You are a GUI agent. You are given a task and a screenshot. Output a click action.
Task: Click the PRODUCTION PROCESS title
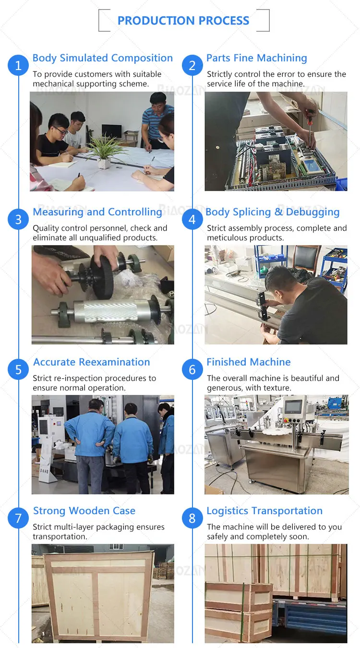pyautogui.click(x=183, y=21)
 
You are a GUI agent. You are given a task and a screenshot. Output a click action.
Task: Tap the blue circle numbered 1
pyautogui.click(x=18, y=65)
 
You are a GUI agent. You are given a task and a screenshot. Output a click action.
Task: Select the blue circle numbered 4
pyautogui.click(x=192, y=219)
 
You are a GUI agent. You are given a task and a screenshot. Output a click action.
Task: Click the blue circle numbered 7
pyautogui.click(x=18, y=518)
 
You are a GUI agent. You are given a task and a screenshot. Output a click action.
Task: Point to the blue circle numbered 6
pyautogui.click(x=192, y=369)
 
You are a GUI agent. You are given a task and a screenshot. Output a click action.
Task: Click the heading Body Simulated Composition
pyautogui.click(x=102, y=58)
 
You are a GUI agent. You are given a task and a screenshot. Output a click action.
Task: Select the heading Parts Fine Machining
pyautogui.click(x=256, y=58)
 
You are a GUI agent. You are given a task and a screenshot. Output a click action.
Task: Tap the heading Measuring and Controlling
pyautogui.click(x=97, y=212)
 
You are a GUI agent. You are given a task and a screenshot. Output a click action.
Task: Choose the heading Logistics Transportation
pyautogui.click(x=264, y=511)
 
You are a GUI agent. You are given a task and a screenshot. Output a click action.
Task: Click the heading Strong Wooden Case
pyautogui.click(x=84, y=511)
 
